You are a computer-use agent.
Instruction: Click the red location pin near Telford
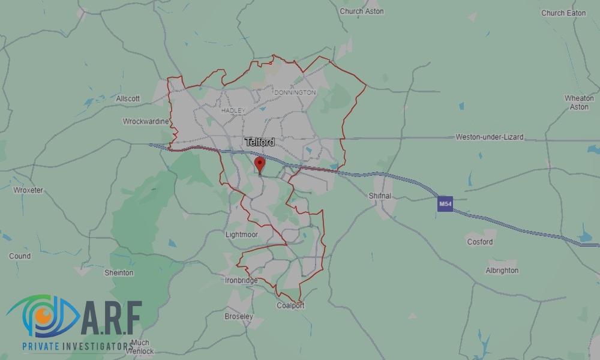pyautogui.click(x=259, y=163)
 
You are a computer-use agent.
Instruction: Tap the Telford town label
pyautogui.click(x=260, y=142)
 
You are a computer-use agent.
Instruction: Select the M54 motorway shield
pyautogui.click(x=445, y=205)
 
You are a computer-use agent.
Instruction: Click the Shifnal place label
pyautogui.click(x=380, y=196)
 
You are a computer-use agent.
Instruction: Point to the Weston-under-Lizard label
pyautogui.click(x=489, y=137)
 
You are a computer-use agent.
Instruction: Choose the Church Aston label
pyautogui.click(x=361, y=11)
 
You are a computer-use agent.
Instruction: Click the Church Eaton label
pyautogui.click(x=563, y=13)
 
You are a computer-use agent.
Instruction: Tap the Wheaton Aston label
pyautogui.click(x=579, y=102)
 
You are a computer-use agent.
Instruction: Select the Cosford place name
pyautogui.click(x=479, y=242)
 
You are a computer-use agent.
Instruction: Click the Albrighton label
pyautogui.click(x=502, y=271)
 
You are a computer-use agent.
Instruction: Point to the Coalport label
pyautogui.click(x=290, y=305)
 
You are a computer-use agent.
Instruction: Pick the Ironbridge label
pyautogui.click(x=241, y=280)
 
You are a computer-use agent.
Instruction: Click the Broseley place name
pyautogui.click(x=239, y=316)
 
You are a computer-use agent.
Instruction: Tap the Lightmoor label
pyautogui.click(x=241, y=235)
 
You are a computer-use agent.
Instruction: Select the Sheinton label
pyautogui.click(x=119, y=273)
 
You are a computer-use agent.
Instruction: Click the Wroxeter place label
pyautogui.click(x=28, y=190)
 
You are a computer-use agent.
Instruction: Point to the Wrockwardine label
pyautogui.click(x=146, y=121)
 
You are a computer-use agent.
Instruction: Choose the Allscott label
pyautogui.click(x=128, y=98)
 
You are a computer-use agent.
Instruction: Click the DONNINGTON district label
pyautogui.click(x=294, y=93)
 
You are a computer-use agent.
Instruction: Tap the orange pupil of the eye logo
pyautogui.click(x=41, y=314)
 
